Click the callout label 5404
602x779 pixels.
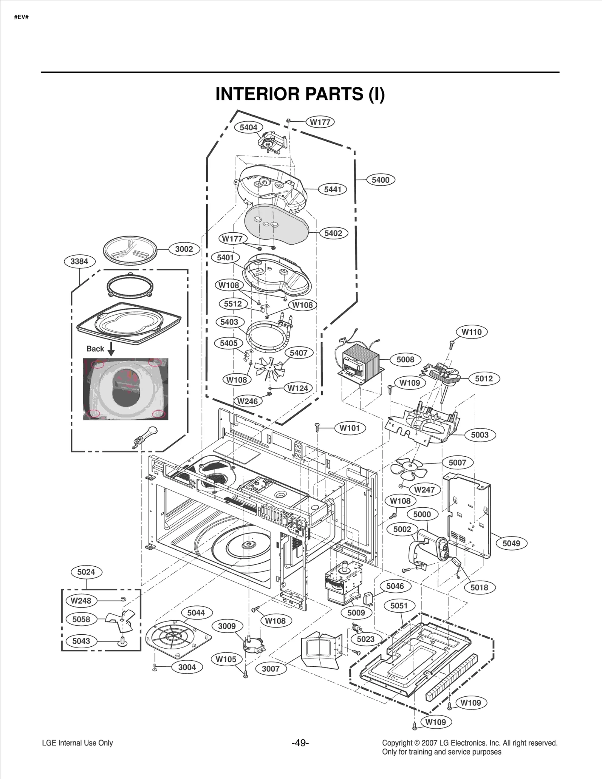click(x=248, y=127)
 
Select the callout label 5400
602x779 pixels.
click(x=380, y=180)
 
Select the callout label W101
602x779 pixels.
click(x=350, y=428)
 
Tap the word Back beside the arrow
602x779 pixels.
click(x=95, y=349)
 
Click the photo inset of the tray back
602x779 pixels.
click(x=126, y=389)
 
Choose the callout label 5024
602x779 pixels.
click(x=86, y=572)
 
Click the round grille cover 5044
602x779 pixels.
click(x=177, y=639)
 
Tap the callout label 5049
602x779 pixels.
click(x=511, y=543)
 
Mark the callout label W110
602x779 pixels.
click(x=471, y=332)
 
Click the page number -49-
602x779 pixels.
click(x=300, y=743)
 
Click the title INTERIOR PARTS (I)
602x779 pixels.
click(x=300, y=94)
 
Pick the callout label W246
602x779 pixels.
click(x=248, y=401)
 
